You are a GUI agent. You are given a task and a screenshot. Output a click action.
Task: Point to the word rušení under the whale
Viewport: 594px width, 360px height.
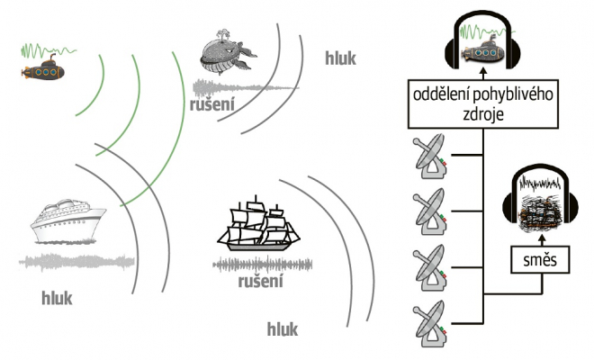tap(212, 105)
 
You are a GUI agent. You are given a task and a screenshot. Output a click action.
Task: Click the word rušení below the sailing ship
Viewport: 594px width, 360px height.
tap(261, 282)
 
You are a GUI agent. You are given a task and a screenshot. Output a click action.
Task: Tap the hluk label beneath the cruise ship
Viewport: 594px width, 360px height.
tap(57, 297)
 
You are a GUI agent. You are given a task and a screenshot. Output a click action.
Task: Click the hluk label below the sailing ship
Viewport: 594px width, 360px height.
tap(282, 328)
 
